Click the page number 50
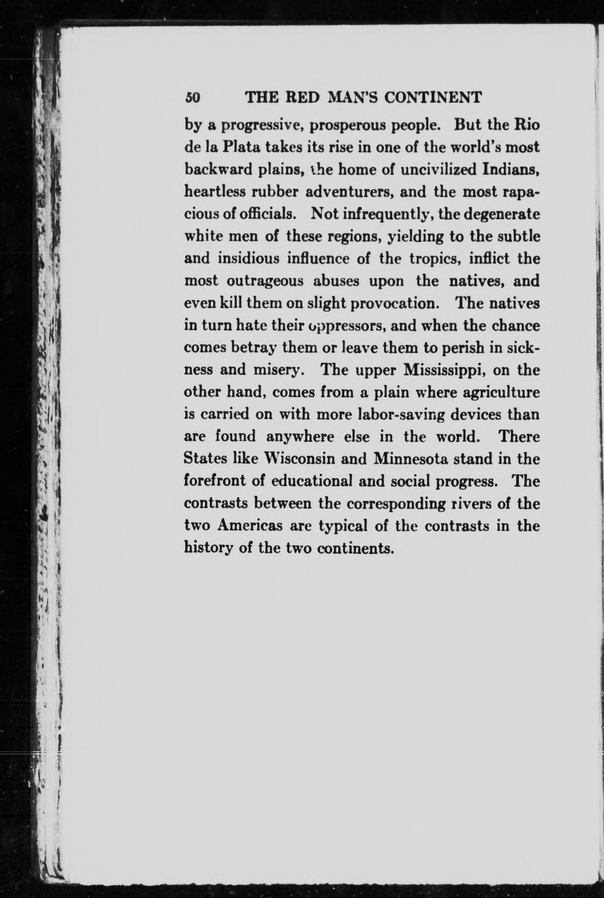(192, 97)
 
